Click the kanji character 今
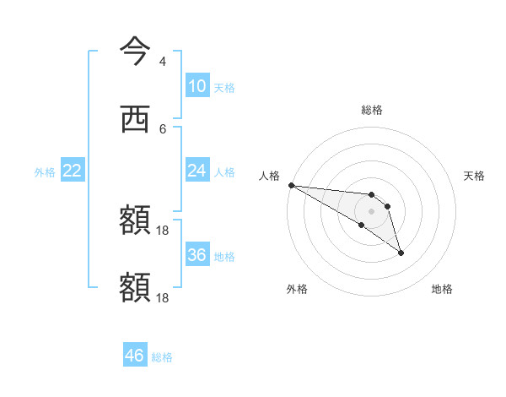pos(135,52)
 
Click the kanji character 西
pos(135,119)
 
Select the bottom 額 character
pos(135,287)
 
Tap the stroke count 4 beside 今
pos(162,62)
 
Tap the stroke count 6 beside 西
pos(162,128)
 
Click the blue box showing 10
pos(196,86)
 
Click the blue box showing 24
pos(196,171)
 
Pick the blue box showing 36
pos(196,255)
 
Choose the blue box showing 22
pos(72,171)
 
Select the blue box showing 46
pos(134,356)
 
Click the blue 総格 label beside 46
pos(162,357)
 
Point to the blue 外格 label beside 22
pos(45,172)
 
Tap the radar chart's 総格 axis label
pos(372,110)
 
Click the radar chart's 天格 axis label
pos(475,176)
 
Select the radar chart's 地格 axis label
pos(442,289)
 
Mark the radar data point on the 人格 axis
pos(291,185)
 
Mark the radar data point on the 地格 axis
pos(401,253)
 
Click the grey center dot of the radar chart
pos(372,211)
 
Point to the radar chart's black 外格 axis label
pos(297,289)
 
